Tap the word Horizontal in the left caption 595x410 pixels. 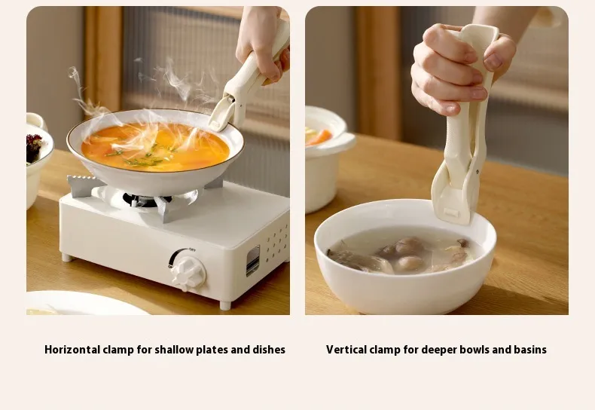(72, 349)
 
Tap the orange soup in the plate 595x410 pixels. (155, 146)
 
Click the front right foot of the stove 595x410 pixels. (224, 304)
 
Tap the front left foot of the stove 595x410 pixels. (67, 258)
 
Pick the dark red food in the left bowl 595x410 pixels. (33, 147)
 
